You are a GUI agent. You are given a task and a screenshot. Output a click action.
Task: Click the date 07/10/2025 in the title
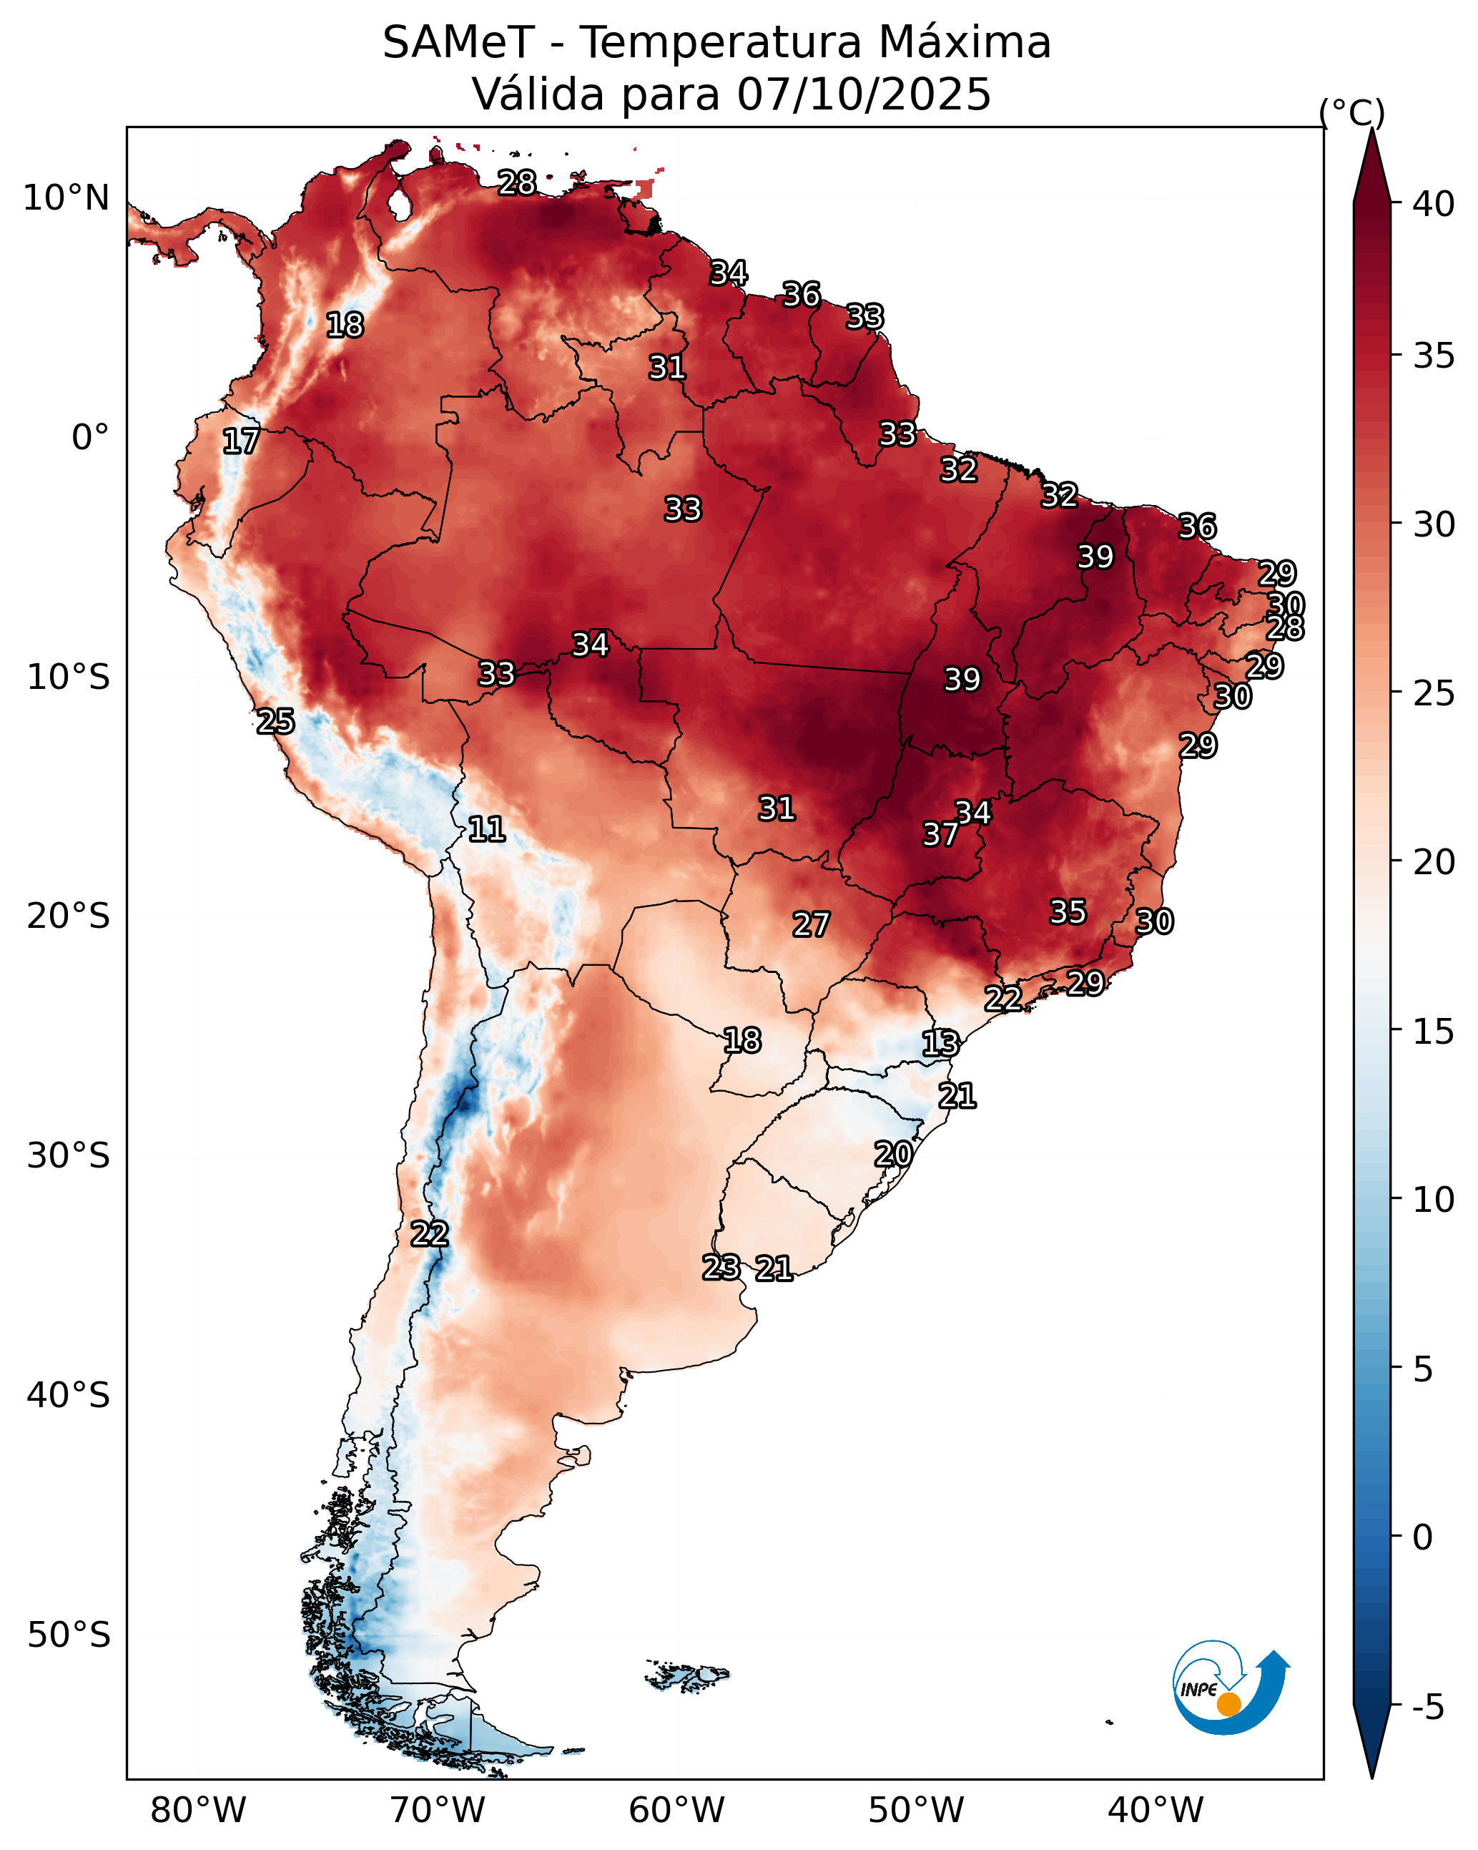click(x=863, y=94)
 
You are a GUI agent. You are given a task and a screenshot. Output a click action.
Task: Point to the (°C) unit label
click(x=1351, y=112)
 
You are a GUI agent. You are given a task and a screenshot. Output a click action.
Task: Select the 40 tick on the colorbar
click(x=1434, y=204)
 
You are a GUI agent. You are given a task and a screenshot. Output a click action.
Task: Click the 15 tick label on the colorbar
click(x=1434, y=1032)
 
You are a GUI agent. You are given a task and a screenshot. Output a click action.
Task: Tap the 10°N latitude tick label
click(x=66, y=198)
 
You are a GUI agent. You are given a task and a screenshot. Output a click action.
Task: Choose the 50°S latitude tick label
click(x=69, y=1635)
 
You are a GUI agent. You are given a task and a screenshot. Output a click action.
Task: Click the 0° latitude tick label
click(x=90, y=438)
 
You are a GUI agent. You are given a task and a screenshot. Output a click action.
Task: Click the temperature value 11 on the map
click(x=486, y=829)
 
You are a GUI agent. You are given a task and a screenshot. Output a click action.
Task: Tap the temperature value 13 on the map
click(x=940, y=1044)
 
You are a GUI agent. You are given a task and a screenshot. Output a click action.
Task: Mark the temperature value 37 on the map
click(x=940, y=834)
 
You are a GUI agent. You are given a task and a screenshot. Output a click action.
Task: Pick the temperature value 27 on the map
click(x=811, y=924)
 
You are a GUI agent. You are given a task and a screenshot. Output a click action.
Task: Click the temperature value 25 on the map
click(x=275, y=721)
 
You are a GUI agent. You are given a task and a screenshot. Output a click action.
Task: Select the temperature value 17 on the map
click(x=241, y=441)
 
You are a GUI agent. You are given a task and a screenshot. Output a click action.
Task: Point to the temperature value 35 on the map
click(x=1068, y=911)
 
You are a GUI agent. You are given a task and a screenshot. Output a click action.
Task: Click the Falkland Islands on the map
click(x=688, y=1674)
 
